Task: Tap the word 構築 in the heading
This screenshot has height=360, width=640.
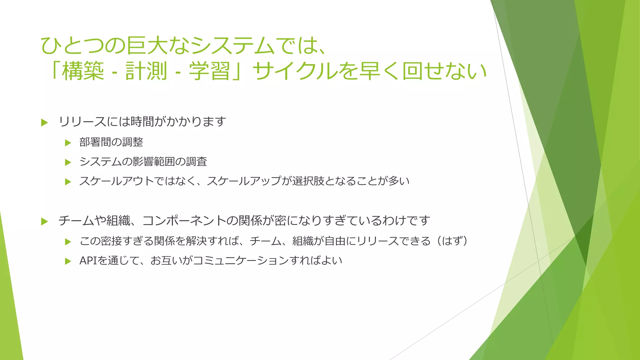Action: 83,71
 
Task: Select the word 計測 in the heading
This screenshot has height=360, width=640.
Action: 146,71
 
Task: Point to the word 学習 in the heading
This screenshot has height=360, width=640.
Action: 210,71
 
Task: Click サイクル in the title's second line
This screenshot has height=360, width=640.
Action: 295,71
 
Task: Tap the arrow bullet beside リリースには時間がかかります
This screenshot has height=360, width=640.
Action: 44,122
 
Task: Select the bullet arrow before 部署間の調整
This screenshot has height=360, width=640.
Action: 68,143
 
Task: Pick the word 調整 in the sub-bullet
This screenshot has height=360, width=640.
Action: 132,142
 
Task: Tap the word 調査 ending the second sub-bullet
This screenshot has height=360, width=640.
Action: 197,162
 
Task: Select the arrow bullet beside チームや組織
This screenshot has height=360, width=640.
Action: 44,222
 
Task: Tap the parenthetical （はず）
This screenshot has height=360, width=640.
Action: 452,241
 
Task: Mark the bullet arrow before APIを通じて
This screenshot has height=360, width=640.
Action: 68,261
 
